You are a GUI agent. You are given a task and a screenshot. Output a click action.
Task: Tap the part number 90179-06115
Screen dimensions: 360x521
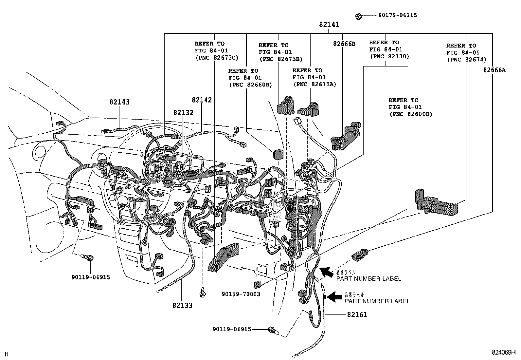coord(397,15)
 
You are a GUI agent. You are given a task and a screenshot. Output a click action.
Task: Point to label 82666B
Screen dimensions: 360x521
coord(344,44)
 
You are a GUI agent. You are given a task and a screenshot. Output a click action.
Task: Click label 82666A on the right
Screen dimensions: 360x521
coord(494,70)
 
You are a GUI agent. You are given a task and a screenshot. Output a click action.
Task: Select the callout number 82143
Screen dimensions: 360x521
coord(119,102)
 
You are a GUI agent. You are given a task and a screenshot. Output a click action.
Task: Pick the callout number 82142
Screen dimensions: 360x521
coord(202,100)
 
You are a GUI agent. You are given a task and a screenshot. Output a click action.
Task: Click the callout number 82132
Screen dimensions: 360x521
coord(183,113)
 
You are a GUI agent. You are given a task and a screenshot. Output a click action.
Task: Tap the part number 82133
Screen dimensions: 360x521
coord(182,305)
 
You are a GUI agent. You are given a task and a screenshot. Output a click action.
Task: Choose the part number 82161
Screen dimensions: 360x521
coord(357,315)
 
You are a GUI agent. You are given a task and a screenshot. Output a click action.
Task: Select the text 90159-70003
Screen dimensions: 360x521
coord(241,294)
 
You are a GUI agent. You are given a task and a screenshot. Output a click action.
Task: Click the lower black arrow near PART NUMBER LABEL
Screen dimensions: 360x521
coord(334,297)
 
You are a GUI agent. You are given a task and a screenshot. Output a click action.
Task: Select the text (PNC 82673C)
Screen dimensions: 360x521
coord(217,58)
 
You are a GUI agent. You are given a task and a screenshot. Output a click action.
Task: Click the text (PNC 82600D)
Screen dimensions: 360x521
coord(410,114)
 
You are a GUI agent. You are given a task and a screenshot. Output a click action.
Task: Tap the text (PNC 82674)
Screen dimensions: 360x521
coord(466,60)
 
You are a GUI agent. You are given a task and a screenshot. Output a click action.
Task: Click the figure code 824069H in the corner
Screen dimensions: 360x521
coord(503,352)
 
